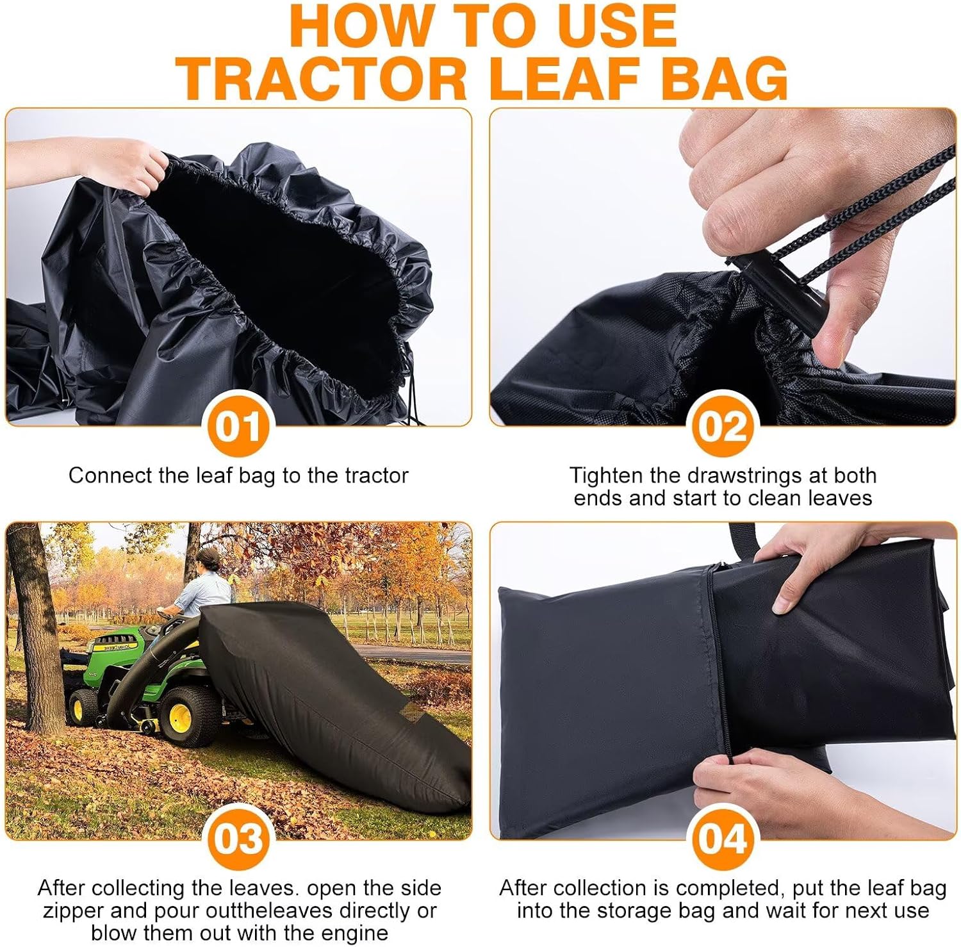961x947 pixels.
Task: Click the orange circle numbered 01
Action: [238, 426]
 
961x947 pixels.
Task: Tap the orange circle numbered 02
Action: [723, 426]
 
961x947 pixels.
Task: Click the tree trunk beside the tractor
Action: [35, 628]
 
